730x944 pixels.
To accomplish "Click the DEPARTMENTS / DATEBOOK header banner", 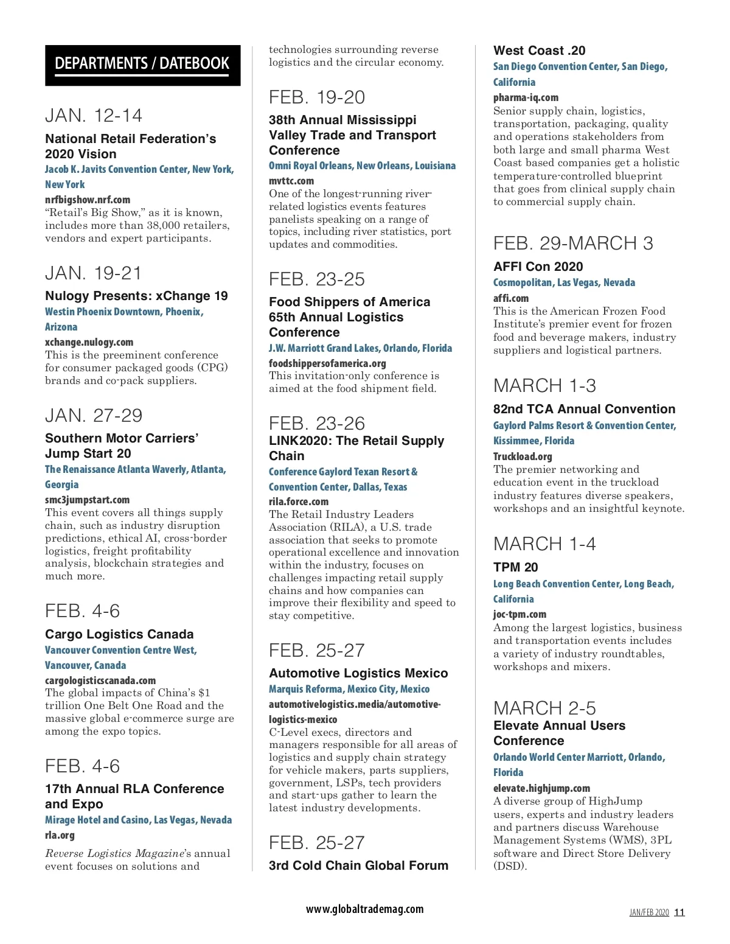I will [142, 65].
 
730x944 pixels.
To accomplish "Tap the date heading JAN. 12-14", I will [94, 116].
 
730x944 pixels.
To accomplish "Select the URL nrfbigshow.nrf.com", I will [88, 200].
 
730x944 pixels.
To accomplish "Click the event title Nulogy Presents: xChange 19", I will [136, 296].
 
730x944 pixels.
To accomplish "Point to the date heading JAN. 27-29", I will [94, 416].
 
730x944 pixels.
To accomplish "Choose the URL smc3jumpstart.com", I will [87, 500].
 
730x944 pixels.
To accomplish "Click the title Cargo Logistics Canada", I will [119, 634].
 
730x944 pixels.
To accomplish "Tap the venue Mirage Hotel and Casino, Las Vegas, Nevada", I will [138, 820].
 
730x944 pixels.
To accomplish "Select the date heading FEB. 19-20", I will [317, 97].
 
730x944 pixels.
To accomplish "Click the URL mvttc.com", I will [291, 181].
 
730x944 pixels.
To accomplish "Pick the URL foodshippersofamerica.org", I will [327, 363].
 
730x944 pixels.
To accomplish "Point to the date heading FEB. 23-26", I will [317, 424].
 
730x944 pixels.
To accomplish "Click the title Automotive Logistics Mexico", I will [358, 673].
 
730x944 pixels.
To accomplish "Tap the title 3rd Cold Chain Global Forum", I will [358, 865].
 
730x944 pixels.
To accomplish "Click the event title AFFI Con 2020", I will [538, 267].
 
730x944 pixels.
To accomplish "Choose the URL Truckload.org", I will [523, 456].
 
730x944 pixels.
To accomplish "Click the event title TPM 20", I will [515, 567].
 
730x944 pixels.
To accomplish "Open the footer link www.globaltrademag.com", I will [364, 909].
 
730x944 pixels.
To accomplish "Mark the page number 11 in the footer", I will [680, 912].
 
